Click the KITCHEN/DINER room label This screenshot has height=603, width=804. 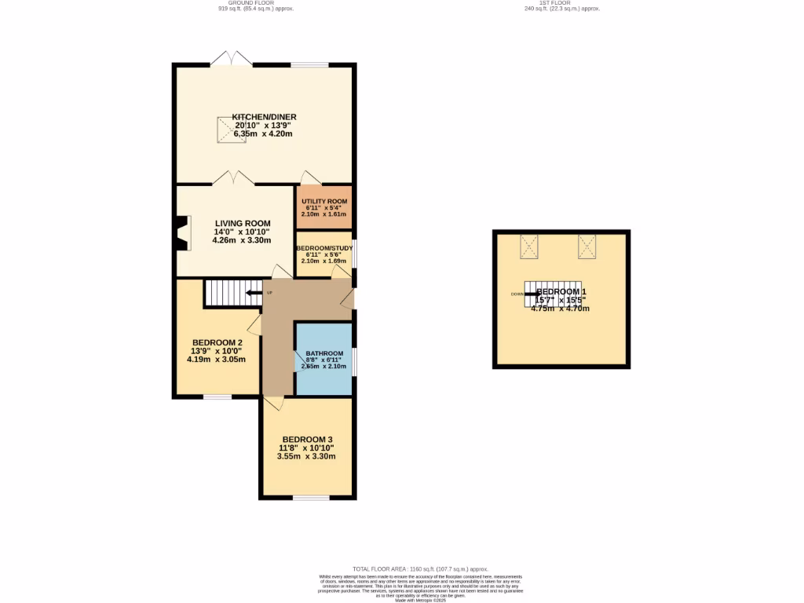264,117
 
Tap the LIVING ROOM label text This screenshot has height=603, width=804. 242,223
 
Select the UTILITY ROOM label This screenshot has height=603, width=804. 323,202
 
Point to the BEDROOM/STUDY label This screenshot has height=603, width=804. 324,248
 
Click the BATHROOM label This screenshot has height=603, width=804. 324,353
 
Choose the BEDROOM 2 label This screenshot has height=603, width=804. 217,342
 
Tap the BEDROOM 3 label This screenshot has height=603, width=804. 307,439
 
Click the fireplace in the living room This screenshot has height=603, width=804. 182,232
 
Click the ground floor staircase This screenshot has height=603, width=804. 232,293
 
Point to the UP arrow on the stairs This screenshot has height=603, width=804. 254,293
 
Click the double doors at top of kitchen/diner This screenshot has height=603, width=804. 232,59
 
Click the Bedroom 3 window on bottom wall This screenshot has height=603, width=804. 311,498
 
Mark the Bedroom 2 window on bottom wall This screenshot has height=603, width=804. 217,397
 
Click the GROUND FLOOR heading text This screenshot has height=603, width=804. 246,3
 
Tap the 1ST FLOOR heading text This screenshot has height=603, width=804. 561,3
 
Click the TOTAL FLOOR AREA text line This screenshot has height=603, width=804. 420,568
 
